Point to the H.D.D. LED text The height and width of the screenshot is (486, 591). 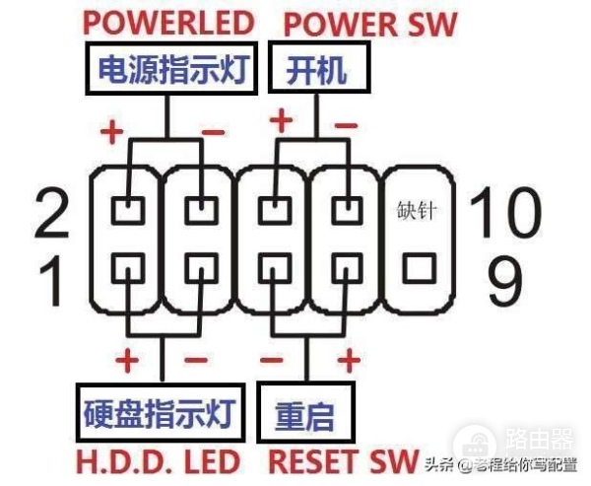coord(160,459)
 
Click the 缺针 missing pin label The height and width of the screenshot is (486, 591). coord(418,210)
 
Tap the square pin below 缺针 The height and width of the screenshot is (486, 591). coord(419,265)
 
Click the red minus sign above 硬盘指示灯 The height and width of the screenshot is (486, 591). coord(195,359)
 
